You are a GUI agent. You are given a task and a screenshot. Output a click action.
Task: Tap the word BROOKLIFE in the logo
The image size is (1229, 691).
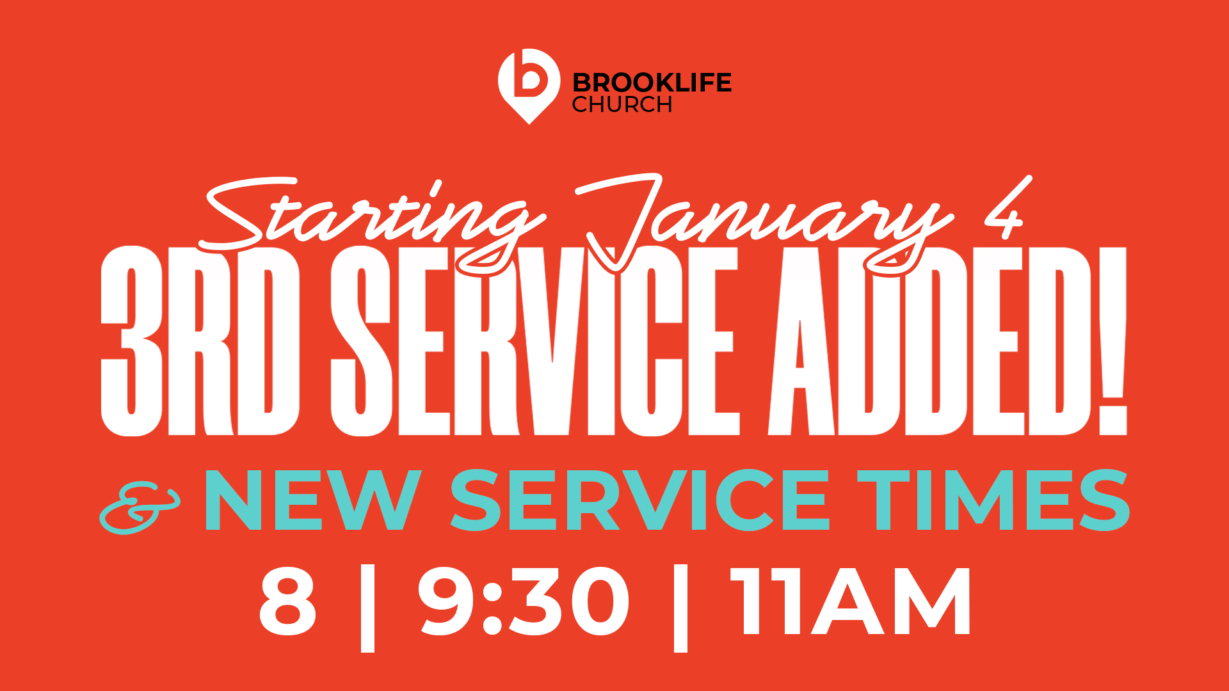click(652, 83)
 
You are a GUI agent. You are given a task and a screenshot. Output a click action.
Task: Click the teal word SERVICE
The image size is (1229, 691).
click(640, 500)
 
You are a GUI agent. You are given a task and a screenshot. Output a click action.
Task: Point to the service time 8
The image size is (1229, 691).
click(287, 601)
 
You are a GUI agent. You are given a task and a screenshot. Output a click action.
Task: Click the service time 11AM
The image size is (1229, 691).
click(850, 601)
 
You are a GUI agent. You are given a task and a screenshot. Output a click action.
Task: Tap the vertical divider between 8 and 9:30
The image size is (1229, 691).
click(367, 608)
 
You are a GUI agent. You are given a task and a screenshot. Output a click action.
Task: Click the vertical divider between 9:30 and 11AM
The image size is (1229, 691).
click(680, 608)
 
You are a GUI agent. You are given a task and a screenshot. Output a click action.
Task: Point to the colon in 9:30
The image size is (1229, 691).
click(492, 608)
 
